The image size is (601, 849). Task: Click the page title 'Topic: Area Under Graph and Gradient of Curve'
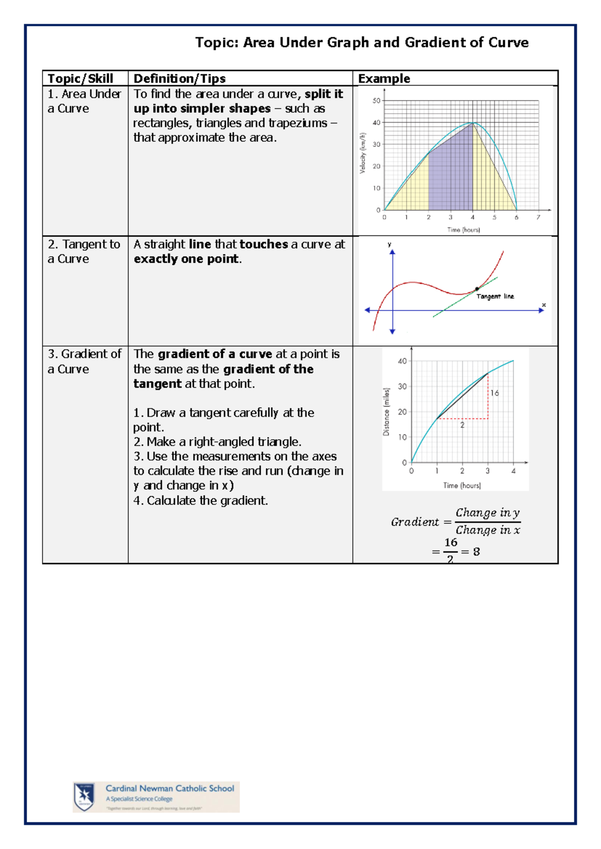pos(362,43)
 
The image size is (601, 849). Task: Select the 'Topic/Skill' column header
pos(80,79)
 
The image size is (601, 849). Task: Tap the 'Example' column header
pos(384,79)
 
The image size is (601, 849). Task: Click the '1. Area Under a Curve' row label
pos(84,101)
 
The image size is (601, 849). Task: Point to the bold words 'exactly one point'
pos(186,259)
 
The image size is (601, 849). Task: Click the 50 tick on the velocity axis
pos(376,101)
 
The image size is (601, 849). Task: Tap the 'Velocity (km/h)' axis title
pos(363,153)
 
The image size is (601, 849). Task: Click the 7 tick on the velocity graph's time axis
pos(538,217)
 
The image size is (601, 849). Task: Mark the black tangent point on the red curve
pos(477,289)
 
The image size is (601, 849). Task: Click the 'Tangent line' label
pos(495,296)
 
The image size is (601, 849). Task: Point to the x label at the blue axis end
pos(544,305)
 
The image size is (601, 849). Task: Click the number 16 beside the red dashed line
pos(495,393)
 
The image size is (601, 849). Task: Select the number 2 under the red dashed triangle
pos(462,425)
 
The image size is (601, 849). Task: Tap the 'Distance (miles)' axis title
pos(386,411)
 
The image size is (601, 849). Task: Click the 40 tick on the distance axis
pos(402,361)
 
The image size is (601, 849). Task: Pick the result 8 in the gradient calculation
pos(476,552)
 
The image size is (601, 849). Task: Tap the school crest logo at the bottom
pos(84,796)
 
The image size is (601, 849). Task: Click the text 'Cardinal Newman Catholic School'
pos(170,788)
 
